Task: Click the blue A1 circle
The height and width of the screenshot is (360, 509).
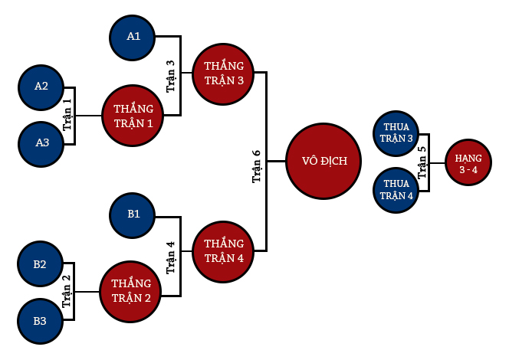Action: (133, 36)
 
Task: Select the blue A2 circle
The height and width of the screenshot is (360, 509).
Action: (41, 86)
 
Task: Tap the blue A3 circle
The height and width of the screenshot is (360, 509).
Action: (41, 143)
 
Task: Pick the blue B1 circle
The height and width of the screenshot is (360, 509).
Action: (133, 213)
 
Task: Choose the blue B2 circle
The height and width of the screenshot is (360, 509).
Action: (40, 264)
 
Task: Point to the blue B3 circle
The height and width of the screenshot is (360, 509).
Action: (40, 320)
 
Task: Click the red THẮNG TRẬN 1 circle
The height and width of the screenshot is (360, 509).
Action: (133, 116)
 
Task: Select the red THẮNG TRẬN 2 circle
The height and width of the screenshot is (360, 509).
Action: (131, 292)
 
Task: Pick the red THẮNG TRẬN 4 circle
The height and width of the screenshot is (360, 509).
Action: (224, 250)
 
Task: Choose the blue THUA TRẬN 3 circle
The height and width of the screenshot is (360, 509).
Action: (398, 134)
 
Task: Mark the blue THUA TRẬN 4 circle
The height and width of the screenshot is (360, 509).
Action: (398, 189)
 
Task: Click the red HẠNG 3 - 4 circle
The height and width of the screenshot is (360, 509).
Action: (468, 163)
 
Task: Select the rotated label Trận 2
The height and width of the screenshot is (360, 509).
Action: (67, 292)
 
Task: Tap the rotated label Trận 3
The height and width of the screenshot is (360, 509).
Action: (171, 76)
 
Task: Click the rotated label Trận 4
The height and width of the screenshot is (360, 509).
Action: (170, 257)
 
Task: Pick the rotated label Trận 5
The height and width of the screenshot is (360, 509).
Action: (422, 162)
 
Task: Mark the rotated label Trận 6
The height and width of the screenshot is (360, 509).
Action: (257, 163)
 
